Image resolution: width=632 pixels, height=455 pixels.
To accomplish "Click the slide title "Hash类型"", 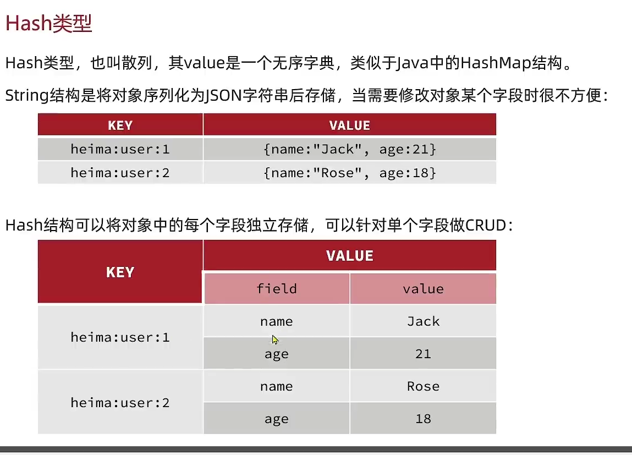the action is click(49, 23).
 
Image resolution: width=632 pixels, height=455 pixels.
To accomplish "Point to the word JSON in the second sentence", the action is click(223, 96).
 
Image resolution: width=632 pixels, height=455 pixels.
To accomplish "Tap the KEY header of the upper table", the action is click(120, 125).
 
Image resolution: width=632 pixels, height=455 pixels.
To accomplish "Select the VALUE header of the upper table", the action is click(350, 125).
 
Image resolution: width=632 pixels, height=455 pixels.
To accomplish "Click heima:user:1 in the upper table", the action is click(120, 149).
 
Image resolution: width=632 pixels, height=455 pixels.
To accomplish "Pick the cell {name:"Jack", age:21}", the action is click(350, 149).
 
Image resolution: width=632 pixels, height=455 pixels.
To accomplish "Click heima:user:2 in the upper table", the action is click(120, 173).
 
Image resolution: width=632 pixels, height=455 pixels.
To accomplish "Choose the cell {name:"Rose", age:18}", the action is click(350, 173).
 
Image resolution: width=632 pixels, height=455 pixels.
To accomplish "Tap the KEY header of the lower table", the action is click(120, 272).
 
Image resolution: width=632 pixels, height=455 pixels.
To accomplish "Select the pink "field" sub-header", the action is click(277, 288).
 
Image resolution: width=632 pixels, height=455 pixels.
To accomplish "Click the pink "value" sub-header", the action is click(423, 288).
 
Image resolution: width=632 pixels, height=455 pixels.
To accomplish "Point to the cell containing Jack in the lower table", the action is click(423, 321).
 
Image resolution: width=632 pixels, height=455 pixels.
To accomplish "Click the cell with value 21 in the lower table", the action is click(423, 353).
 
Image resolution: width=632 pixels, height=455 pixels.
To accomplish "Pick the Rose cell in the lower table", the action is click(423, 386).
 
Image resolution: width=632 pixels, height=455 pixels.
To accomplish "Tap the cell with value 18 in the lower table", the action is click(423, 419).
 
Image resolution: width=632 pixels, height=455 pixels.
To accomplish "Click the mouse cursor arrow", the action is click(275, 339).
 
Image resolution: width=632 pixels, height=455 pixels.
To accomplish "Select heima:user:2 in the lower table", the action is click(120, 402).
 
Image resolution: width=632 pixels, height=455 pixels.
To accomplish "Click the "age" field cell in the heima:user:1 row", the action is click(277, 353).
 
